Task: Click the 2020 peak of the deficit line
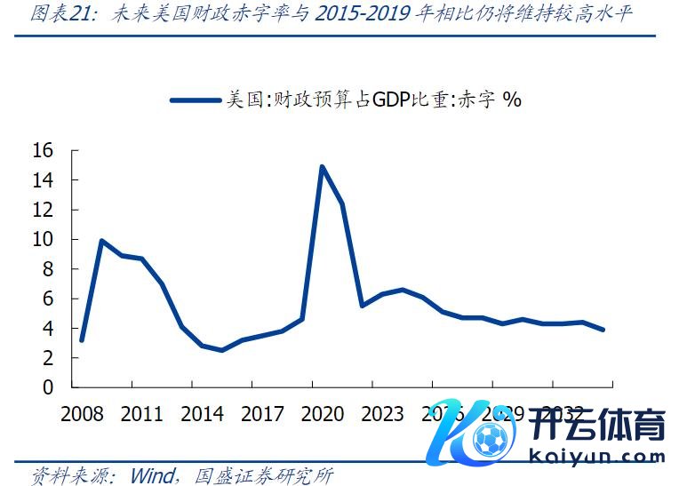click(x=322, y=167)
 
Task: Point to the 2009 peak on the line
click(x=101, y=241)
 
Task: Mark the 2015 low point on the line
click(x=221, y=350)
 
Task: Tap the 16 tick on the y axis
click(x=44, y=150)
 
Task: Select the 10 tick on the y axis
click(x=44, y=239)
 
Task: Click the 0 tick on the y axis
click(x=49, y=387)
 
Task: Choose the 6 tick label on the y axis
click(x=49, y=299)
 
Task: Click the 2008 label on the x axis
click(x=81, y=414)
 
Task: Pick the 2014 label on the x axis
click(x=202, y=414)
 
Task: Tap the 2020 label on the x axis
click(x=323, y=414)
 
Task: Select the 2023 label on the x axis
click(x=383, y=414)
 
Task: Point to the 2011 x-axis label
click(x=141, y=414)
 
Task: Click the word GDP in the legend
click(x=391, y=100)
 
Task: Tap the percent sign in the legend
click(x=512, y=100)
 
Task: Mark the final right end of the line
click(x=603, y=330)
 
